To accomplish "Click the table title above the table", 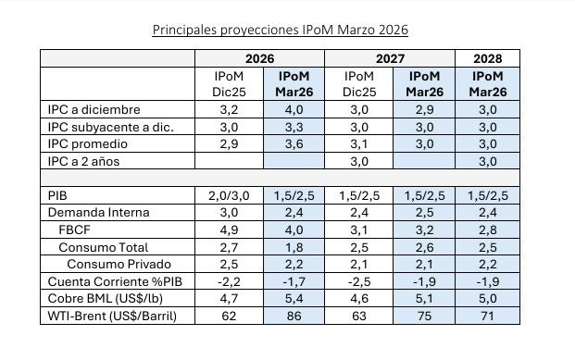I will coord(280,30).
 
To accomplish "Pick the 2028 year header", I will coord(488,58).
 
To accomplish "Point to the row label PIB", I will coord(57,195).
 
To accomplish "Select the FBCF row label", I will coord(74,230).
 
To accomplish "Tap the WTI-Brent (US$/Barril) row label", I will coord(112,317).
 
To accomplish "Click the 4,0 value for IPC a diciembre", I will coord(295,109).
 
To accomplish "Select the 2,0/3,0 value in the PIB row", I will coord(229,195).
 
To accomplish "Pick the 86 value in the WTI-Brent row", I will coord(295,317).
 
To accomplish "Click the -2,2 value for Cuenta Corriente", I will coord(229,282).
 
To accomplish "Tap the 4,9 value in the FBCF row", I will coord(229,230).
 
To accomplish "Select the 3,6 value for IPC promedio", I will coord(295,143).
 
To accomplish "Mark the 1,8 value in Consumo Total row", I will coord(295,248).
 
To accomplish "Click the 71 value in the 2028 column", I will coord(488,317).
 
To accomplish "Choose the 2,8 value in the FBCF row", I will coord(488,230).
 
